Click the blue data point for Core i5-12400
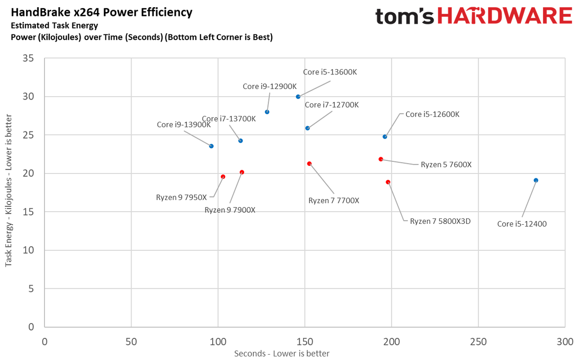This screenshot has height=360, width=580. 536,180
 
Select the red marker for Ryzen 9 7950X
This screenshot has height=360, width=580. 223,177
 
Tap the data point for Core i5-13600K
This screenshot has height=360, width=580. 298,97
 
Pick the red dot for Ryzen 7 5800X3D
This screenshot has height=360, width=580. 388,182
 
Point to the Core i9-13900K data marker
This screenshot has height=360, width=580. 211,146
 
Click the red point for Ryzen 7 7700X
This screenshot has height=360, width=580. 309,164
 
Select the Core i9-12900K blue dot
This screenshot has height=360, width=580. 267,112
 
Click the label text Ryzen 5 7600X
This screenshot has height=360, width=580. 446,164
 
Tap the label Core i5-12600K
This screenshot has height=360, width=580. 432,115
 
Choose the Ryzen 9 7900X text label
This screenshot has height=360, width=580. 230,210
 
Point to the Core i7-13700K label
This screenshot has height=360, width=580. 229,119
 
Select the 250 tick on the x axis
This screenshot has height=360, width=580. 478,341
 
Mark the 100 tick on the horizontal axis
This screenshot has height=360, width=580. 217,341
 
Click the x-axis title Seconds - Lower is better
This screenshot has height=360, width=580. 282,354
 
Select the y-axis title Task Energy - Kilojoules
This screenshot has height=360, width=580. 9,193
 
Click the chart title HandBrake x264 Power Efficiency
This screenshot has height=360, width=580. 98,12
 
